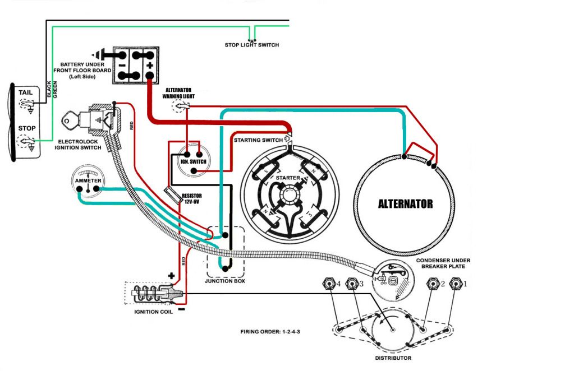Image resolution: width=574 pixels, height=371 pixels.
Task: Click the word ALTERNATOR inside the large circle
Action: click(405, 204)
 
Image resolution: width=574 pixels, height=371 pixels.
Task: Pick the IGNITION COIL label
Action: click(153, 312)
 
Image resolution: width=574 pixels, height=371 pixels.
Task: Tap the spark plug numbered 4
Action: click(328, 284)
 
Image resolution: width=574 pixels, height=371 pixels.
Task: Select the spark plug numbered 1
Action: click(456, 284)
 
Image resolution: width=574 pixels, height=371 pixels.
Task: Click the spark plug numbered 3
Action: click(352, 284)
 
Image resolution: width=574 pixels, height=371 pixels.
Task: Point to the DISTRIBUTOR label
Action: click(393, 358)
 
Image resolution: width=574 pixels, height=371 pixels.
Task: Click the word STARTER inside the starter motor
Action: click(287, 178)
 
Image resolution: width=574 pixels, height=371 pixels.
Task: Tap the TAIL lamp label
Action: click(26, 92)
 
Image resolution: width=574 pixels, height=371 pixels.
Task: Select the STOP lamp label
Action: click(26, 128)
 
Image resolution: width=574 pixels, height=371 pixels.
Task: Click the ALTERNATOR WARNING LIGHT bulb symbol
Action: click(180, 106)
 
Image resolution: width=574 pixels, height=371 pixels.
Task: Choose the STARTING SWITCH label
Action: click(258, 139)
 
